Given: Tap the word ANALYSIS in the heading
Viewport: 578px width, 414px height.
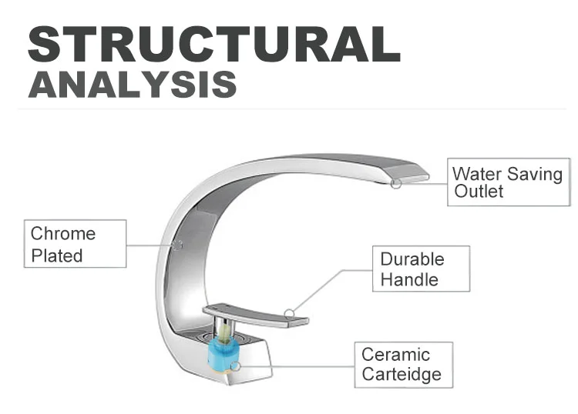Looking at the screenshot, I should [x=132, y=83].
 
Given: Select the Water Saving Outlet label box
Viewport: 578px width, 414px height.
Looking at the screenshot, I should [x=506, y=183].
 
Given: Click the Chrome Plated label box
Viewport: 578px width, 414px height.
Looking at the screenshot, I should [x=76, y=245].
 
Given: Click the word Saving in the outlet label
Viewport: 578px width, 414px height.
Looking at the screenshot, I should [x=536, y=174].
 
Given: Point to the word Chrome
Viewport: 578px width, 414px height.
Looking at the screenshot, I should [x=63, y=234].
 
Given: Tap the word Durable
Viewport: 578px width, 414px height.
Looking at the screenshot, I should [x=412, y=259].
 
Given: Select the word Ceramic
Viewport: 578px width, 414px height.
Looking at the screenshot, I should [x=395, y=355].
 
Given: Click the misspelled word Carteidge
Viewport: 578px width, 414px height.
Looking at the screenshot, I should [x=402, y=375].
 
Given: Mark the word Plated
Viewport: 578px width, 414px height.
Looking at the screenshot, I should [x=57, y=255].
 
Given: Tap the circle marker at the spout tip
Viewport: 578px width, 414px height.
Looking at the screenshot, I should [x=395, y=183].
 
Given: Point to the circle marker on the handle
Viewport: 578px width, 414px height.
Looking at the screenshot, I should [x=289, y=313].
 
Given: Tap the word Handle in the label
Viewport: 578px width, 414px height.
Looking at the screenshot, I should [x=408, y=279].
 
